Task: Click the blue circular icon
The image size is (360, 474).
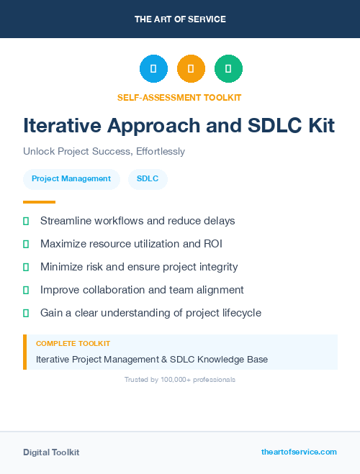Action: (153, 68)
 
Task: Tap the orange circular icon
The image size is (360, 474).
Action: (191, 68)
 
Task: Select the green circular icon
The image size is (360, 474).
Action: (228, 68)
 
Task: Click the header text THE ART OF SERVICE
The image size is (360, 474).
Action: (180, 19)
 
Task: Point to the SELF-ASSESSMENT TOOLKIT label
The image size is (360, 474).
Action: (179, 97)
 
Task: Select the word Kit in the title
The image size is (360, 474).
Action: (318, 126)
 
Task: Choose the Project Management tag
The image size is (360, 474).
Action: (71, 178)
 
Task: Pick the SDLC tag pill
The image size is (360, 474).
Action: (148, 178)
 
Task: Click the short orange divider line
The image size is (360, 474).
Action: (39, 202)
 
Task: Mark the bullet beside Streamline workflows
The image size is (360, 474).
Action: (26, 221)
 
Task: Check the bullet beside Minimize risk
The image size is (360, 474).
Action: (26, 267)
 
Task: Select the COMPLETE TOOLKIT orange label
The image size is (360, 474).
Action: (73, 344)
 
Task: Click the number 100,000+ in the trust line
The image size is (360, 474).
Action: (169, 379)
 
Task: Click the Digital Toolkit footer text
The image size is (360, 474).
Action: (51, 452)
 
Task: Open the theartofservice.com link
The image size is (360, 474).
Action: (299, 452)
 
